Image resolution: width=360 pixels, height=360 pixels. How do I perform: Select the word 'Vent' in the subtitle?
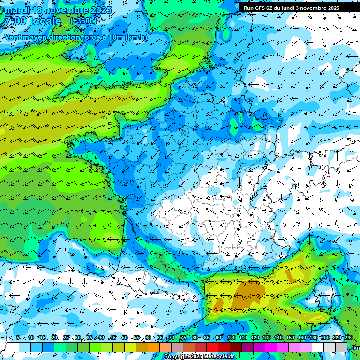point(14,37)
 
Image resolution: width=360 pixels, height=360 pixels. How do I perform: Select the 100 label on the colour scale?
point(231,338)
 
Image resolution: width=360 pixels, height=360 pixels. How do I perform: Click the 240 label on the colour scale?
point(348,338)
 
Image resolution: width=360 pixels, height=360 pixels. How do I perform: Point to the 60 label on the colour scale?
point(148,338)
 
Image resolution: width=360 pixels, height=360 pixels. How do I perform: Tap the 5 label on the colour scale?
point(18,338)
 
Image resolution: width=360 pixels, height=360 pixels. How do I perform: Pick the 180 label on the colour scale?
point(313,338)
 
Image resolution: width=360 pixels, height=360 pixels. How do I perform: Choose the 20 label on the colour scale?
point(54,338)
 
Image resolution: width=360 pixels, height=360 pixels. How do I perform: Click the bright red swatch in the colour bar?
point(212,347)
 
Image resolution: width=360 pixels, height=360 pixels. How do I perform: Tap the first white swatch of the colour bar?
point(13,347)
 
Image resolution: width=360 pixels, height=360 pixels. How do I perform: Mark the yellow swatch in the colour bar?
point(130,347)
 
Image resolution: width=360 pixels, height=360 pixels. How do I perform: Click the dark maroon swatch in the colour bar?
point(236,347)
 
